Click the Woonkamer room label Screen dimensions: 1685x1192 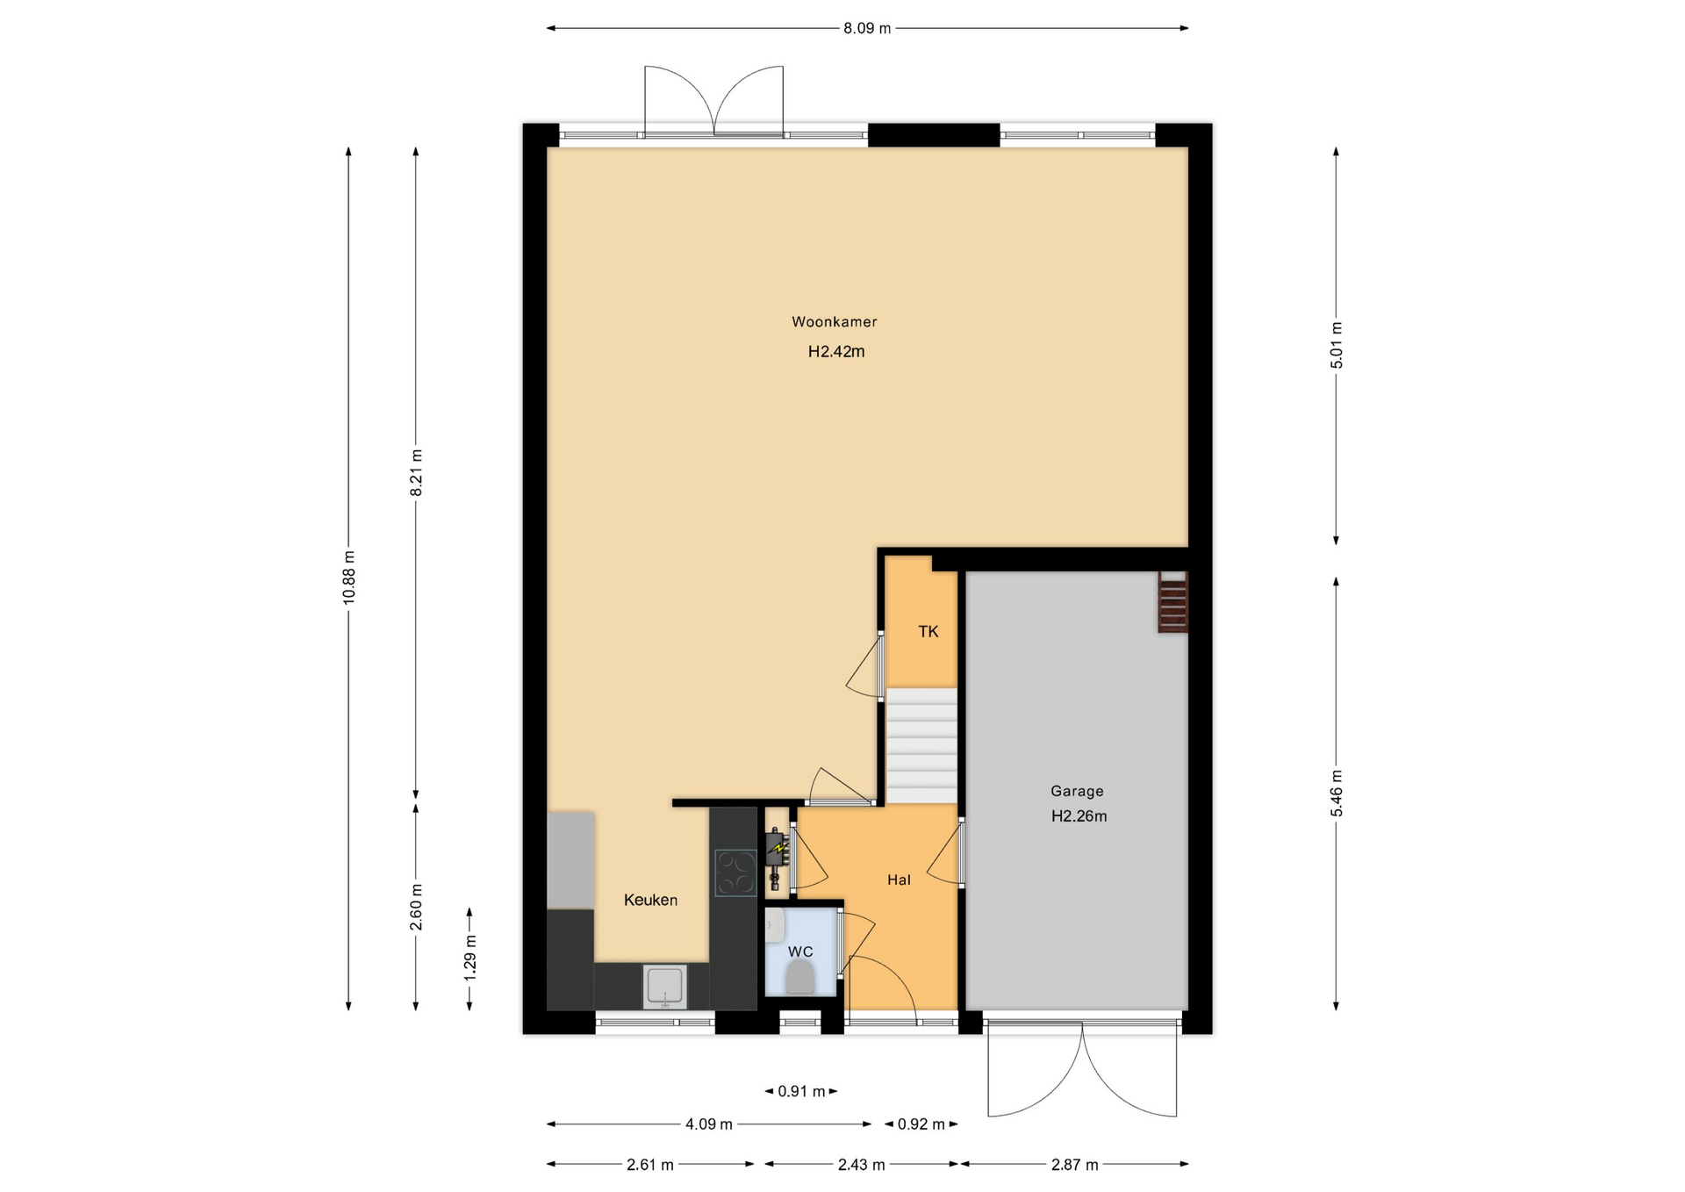(x=834, y=322)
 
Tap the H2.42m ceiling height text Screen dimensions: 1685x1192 (x=836, y=352)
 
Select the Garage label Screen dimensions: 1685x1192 (x=1077, y=791)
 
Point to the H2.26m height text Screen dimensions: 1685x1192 (x=1079, y=816)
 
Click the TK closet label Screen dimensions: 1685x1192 (x=928, y=631)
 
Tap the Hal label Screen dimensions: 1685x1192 (x=899, y=880)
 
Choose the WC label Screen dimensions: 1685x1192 (x=800, y=951)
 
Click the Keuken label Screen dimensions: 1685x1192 (x=650, y=900)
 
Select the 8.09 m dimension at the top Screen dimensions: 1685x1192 (x=867, y=28)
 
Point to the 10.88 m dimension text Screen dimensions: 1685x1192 (x=349, y=576)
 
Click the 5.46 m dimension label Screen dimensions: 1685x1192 (x=1337, y=793)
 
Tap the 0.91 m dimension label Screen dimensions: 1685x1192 (x=801, y=1092)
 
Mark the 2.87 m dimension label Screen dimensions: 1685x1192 (x=1075, y=1165)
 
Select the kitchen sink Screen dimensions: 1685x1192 (x=664, y=987)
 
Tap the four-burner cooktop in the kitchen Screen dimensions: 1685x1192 (x=735, y=873)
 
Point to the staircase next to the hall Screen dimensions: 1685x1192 (x=921, y=745)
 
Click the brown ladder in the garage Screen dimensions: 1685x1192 (x=1172, y=602)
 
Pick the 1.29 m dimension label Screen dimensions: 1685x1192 (x=470, y=959)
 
